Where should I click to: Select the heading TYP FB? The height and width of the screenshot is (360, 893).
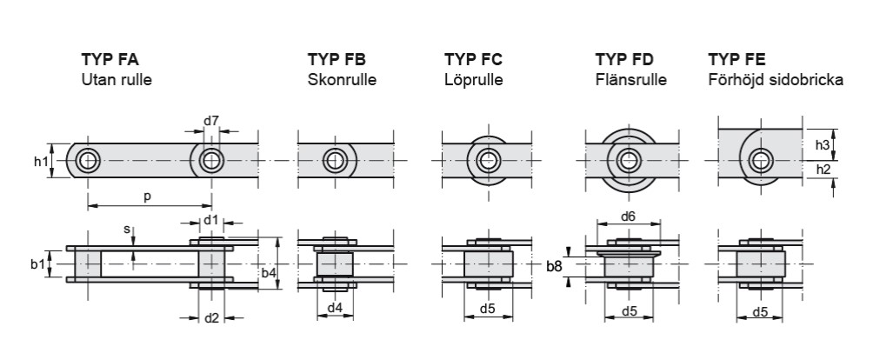(337, 61)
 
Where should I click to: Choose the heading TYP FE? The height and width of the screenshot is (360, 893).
(736, 61)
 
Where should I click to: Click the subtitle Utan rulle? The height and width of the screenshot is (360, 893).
(117, 80)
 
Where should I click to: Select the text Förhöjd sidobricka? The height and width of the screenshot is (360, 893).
(776, 80)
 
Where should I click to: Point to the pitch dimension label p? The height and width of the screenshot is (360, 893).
(147, 197)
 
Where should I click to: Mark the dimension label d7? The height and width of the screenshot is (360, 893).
(210, 121)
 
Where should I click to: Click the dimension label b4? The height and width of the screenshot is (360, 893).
(270, 273)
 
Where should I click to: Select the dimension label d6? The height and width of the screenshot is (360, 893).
(629, 217)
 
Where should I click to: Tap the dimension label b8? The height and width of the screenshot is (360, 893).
(554, 265)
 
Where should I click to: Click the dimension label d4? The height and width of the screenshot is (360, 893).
(334, 307)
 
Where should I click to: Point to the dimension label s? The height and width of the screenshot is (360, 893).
(128, 230)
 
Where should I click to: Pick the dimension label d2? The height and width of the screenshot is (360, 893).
(210, 317)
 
